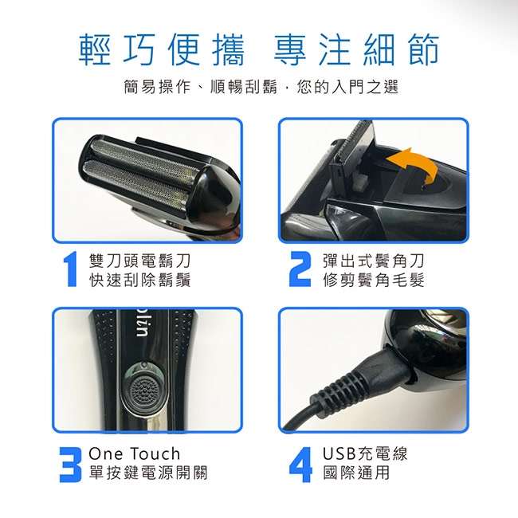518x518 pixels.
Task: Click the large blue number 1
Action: tap(70, 269)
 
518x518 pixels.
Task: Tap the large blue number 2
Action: tap(300, 269)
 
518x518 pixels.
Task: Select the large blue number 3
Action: tap(70, 465)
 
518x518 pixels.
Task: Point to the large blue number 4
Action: tap(300, 465)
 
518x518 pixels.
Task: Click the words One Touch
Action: tap(134, 453)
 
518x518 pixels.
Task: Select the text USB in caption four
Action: tap(339, 453)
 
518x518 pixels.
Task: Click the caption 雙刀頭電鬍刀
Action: tap(140, 261)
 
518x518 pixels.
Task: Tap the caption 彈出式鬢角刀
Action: tap(373, 261)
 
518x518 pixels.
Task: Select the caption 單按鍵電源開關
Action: tap(148, 473)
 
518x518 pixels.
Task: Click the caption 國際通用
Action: tap(357, 473)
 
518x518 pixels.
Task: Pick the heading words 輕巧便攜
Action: tap(162, 49)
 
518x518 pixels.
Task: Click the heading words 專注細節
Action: tap(356, 49)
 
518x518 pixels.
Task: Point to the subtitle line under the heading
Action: tap(261, 87)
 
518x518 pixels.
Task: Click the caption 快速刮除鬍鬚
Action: tap(140, 280)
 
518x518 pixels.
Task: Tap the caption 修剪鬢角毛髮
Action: tap(373, 280)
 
